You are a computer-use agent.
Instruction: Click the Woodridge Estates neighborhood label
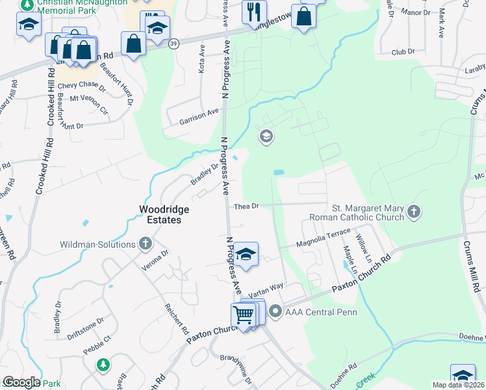click(x=159, y=214)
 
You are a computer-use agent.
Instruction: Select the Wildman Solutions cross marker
click(x=145, y=244)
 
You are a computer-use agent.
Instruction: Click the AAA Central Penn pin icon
click(x=275, y=311)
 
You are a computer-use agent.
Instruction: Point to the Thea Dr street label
click(x=247, y=206)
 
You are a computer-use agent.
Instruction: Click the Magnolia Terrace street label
click(x=323, y=239)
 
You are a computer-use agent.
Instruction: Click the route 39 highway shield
click(x=173, y=43)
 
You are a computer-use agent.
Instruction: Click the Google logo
click(x=21, y=382)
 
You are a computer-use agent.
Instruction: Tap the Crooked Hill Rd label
click(x=49, y=117)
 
